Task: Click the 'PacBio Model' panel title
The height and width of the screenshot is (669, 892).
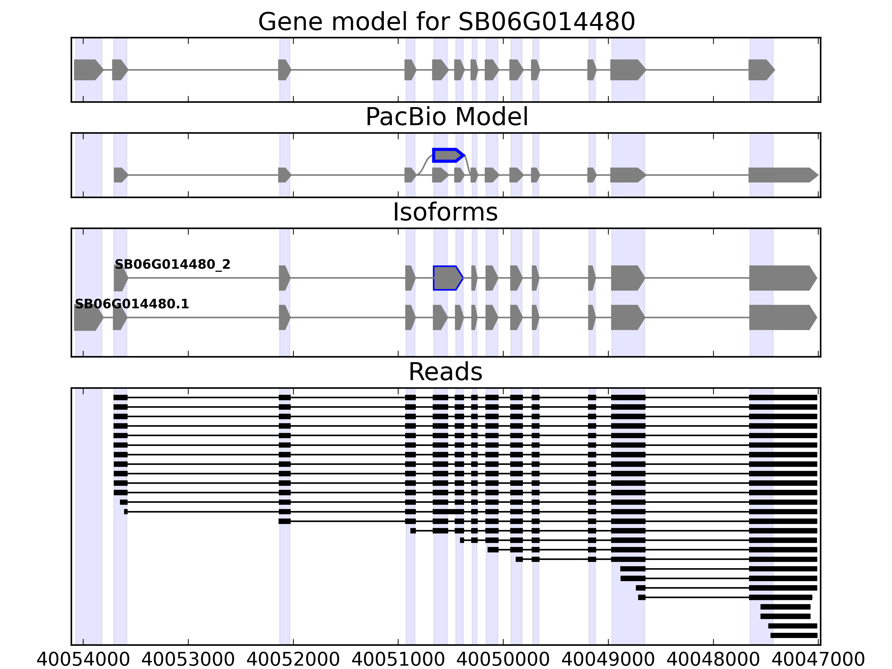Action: (x=446, y=117)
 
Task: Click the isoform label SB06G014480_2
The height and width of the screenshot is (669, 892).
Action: (x=173, y=265)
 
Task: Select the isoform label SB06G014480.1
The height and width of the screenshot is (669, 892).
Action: (x=132, y=304)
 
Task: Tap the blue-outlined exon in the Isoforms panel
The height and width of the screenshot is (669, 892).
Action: (x=447, y=278)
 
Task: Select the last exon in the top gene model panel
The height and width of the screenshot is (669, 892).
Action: (x=760, y=70)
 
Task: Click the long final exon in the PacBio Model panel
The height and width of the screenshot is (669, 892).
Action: (x=782, y=175)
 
